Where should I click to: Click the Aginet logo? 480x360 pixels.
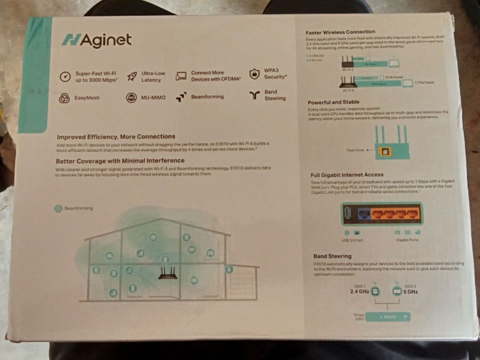pos(96,40)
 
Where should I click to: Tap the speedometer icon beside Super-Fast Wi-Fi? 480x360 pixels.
pos(65,76)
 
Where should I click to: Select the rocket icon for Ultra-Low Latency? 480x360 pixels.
pos(132,76)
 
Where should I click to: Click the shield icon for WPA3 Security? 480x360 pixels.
pos(254,74)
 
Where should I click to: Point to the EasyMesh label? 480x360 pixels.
pos(87,98)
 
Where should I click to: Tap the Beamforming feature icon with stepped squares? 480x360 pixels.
pos(181,96)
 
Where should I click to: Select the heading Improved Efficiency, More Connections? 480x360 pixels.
pos(116,136)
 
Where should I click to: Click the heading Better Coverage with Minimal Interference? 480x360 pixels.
pos(120,160)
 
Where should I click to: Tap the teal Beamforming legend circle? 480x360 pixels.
pos(58,208)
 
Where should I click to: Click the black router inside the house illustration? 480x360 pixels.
pos(168,274)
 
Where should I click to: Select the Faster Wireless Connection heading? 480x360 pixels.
pos(340,32)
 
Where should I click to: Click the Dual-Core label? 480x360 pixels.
pos(355,150)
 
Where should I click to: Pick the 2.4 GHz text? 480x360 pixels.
pos(359,292)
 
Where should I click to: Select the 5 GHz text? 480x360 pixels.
pos(411,292)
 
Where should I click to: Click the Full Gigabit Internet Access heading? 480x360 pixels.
pos(347,175)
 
